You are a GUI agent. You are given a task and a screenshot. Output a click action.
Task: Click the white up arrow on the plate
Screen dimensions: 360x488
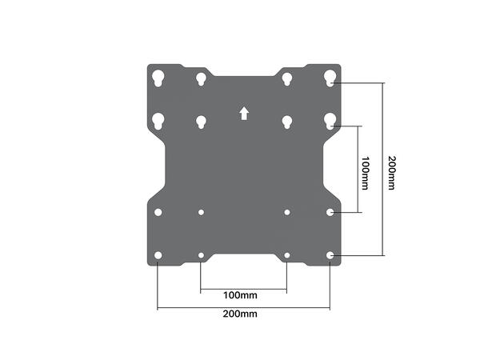243,114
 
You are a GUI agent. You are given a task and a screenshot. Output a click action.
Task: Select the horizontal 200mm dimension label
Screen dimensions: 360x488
243,314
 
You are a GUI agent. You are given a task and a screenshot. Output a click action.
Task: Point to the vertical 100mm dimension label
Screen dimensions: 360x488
365,170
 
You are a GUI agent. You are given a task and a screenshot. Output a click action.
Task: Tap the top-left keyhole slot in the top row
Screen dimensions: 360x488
158,78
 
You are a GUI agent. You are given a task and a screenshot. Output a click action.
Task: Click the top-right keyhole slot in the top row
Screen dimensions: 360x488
330,78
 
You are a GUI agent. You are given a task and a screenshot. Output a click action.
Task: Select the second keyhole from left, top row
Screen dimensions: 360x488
201,78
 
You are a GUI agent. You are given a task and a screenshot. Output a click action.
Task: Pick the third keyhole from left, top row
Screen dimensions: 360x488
286,78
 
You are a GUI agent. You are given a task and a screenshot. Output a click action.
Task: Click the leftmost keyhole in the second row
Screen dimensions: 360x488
158,121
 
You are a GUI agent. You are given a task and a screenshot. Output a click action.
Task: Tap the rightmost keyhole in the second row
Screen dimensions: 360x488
330,121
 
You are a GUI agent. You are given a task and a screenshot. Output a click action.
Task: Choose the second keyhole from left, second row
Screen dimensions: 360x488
201,122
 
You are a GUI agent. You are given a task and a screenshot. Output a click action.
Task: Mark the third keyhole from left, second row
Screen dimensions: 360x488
286,122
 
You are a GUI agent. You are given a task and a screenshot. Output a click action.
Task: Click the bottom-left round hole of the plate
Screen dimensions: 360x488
158,255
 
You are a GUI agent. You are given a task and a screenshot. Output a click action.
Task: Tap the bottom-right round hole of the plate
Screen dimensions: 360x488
330,255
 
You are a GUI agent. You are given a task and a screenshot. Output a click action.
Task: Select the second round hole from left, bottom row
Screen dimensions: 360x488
201,256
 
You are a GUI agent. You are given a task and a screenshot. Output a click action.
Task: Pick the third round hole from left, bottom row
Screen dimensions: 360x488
286,256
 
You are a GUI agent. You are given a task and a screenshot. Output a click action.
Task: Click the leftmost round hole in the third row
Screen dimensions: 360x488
158,213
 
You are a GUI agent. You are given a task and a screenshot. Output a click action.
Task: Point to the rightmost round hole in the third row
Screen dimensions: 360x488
330,213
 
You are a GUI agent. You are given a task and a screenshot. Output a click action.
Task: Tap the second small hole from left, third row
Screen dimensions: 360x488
201,213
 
